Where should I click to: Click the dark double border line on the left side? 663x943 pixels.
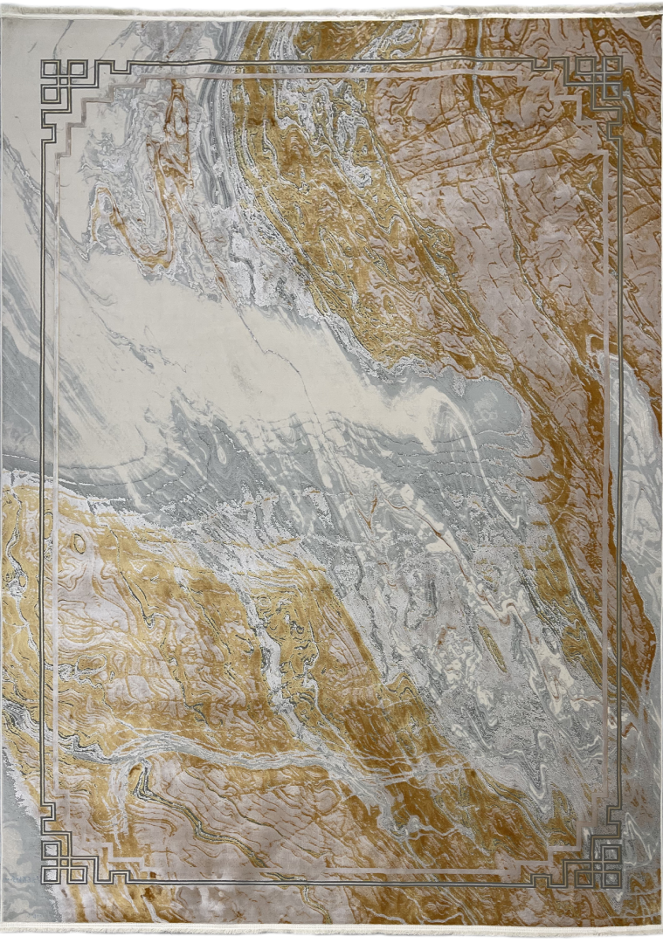click(x=42, y=471)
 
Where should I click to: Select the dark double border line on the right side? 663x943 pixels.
click(x=620, y=471)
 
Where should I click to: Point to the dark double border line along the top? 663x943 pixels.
click(x=332, y=61)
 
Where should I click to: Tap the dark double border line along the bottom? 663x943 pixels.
click(x=332, y=882)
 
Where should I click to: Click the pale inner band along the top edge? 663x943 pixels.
click(x=332, y=77)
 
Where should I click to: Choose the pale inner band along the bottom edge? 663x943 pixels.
click(x=332, y=870)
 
